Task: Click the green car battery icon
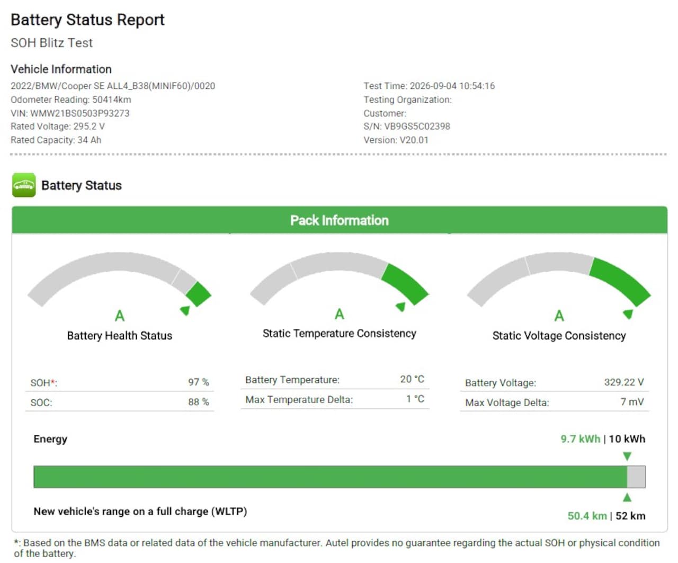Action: (x=24, y=185)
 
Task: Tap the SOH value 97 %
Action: (x=199, y=382)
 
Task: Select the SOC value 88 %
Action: (x=199, y=401)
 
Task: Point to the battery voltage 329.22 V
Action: (x=624, y=382)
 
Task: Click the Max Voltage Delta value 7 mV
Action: (x=632, y=401)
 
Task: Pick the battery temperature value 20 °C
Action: (x=412, y=379)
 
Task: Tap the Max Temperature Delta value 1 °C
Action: (x=415, y=399)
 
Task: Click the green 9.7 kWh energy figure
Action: (x=580, y=439)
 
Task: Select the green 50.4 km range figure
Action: (x=587, y=515)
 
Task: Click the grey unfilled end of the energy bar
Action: (x=636, y=477)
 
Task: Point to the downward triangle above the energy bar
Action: (x=627, y=456)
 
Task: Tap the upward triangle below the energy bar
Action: (x=627, y=497)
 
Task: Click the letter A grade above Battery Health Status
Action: (x=120, y=315)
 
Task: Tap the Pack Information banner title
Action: (x=340, y=220)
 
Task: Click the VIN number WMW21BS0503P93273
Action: (x=79, y=113)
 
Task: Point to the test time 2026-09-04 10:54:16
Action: (x=452, y=86)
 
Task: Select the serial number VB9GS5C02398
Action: (x=417, y=126)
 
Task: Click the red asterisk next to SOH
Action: (x=52, y=381)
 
